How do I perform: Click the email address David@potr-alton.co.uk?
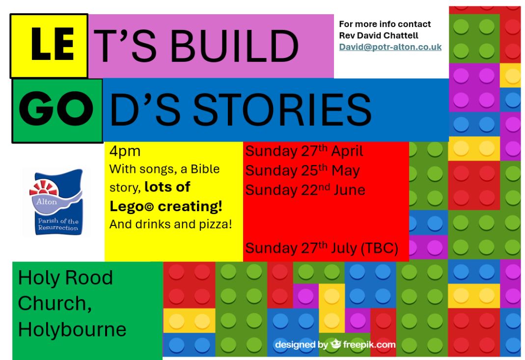pyautogui.click(x=390, y=47)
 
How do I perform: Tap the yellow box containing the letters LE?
pyautogui.click(x=49, y=46)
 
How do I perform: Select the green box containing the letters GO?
pyautogui.click(x=57, y=111)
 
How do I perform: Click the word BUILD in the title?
pyautogui.click(x=234, y=46)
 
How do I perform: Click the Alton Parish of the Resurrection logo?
pyautogui.click(x=56, y=202)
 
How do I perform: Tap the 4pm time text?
pyautogui.click(x=125, y=151)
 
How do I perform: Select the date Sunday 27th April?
pyautogui.click(x=304, y=151)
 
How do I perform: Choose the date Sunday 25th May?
pyautogui.click(x=303, y=170)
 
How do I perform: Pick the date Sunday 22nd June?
pyautogui.click(x=305, y=190)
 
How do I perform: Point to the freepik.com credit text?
pyautogui.click(x=369, y=345)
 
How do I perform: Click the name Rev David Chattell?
pyautogui.click(x=379, y=35)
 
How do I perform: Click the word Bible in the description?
pyautogui.click(x=205, y=169)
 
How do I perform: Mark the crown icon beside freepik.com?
pyautogui.click(x=335, y=344)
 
